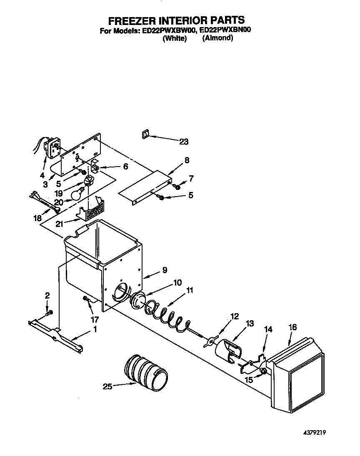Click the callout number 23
(x=184, y=142)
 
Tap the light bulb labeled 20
(x=77, y=194)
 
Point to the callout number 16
(x=292, y=327)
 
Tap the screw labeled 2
(x=50, y=312)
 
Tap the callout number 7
(x=191, y=179)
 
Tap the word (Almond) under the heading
(x=217, y=38)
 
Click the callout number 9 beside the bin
(x=165, y=270)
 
